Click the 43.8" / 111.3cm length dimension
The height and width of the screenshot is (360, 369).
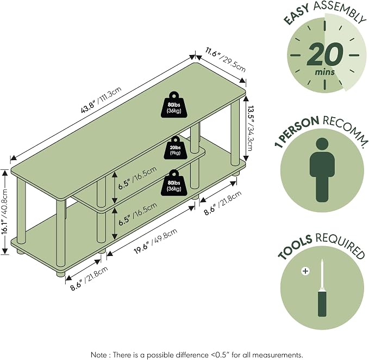[x=101, y=100]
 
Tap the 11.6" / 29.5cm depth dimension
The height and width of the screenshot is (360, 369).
[x=226, y=60]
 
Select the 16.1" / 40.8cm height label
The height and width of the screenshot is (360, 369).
[x=4, y=212]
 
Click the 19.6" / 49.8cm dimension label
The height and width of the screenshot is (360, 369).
[x=155, y=241]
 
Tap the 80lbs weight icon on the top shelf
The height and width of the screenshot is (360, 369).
[x=174, y=105]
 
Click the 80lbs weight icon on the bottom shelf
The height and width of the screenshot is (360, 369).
[x=174, y=182]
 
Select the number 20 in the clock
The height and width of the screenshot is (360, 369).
[x=325, y=55]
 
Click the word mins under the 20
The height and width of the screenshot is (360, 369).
[x=325, y=72]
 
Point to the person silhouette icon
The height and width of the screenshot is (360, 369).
[x=322, y=170]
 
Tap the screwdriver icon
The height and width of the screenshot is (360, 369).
[x=322, y=288]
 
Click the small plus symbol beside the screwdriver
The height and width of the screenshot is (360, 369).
[x=305, y=271]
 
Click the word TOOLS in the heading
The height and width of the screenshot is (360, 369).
[x=295, y=247]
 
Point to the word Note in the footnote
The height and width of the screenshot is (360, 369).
[x=98, y=355]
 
